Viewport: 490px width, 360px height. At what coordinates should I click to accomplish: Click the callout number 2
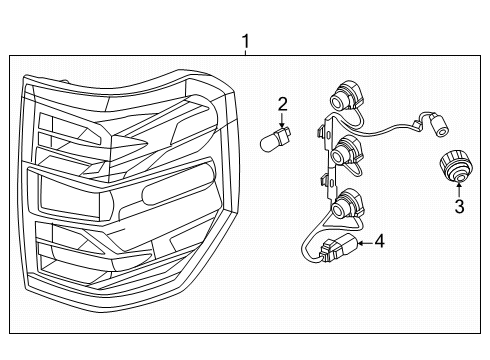283,103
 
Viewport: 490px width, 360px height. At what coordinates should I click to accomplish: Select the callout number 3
458,207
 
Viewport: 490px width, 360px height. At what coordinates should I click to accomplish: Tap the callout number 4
378,241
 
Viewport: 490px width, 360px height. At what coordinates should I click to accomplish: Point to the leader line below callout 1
245,53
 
